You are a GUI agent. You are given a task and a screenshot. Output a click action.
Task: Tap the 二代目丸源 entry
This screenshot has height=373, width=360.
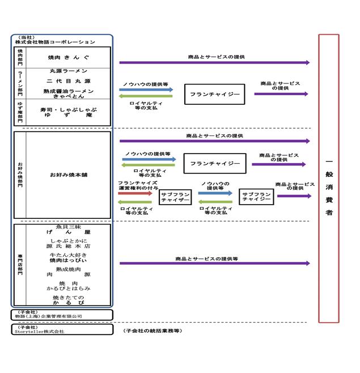(x=69, y=81)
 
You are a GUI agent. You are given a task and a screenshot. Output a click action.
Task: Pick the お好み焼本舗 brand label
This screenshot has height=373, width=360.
(x=69, y=175)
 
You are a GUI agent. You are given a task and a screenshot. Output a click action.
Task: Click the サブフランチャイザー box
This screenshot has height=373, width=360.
(x=175, y=197)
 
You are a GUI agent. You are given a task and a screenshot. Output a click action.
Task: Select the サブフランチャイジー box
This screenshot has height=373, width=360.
(x=256, y=197)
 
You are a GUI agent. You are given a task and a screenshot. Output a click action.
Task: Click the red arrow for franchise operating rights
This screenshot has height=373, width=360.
(x=135, y=193)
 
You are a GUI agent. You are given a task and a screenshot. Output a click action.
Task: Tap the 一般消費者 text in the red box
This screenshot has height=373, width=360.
(x=329, y=186)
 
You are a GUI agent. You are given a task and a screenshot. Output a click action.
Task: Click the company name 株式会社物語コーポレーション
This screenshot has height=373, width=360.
(x=56, y=42)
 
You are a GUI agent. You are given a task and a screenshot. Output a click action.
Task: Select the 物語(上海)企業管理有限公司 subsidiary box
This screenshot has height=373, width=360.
(x=62, y=315)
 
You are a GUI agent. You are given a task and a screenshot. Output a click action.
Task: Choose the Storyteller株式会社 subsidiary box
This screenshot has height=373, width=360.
(x=62, y=329)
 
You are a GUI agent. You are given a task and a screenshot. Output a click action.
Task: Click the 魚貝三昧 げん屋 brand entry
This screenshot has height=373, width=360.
(x=69, y=230)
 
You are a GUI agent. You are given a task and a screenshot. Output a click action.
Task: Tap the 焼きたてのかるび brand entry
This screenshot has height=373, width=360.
(x=69, y=300)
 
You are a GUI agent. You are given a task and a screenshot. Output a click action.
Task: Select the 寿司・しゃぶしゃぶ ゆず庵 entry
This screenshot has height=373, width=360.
(x=69, y=112)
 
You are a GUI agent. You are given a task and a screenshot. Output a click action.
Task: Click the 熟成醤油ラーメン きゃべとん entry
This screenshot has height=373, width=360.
(x=69, y=94)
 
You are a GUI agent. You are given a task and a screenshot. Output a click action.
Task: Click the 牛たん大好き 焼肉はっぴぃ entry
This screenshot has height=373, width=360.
(x=69, y=258)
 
